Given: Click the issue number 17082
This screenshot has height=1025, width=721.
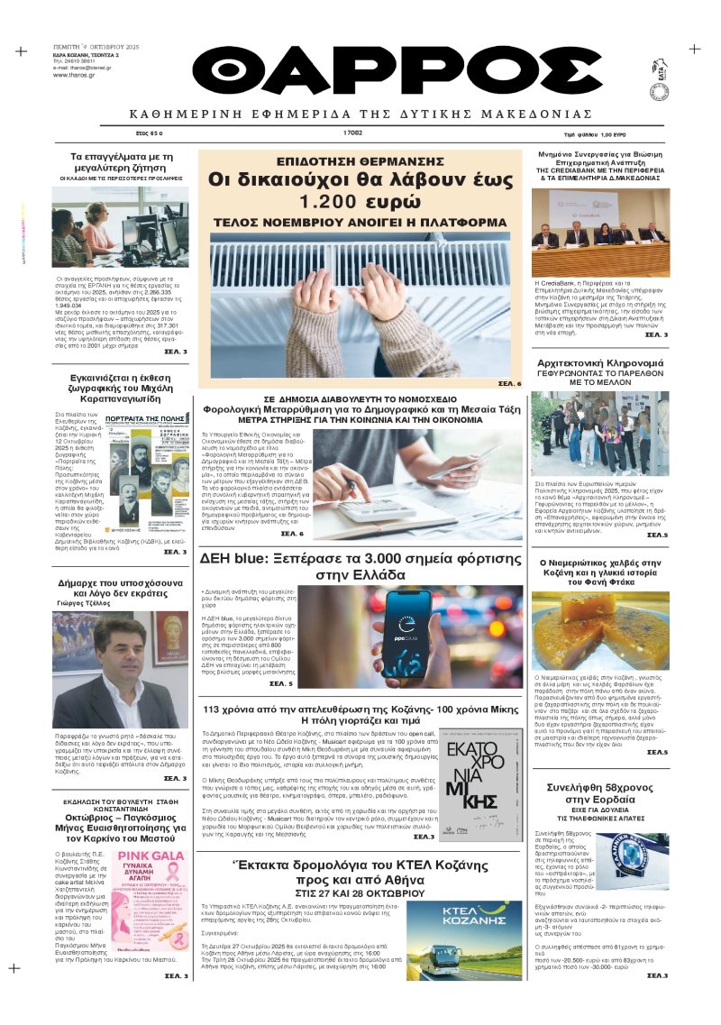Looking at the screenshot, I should pyautogui.click(x=352, y=133).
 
